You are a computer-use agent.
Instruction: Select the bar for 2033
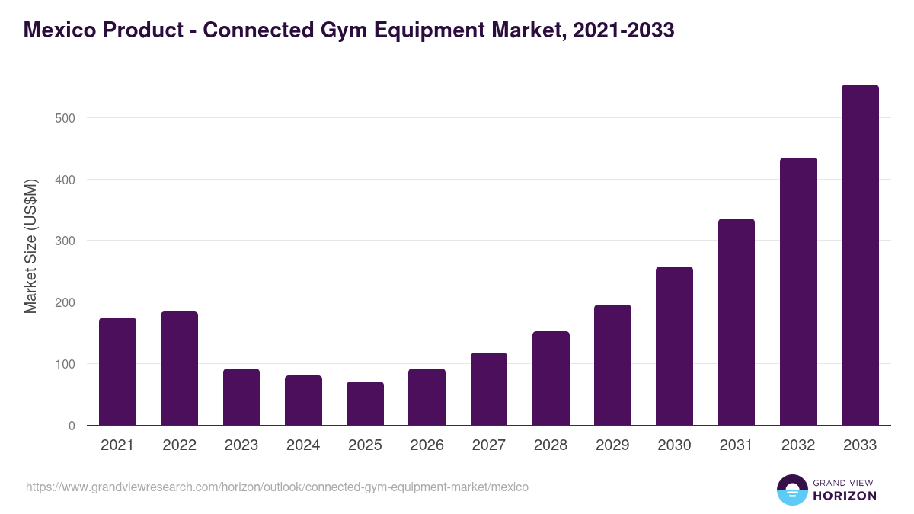(860, 255)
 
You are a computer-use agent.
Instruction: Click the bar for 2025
(365, 404)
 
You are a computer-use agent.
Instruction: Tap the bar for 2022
(179, 369)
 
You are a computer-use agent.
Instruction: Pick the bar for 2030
(674, 346)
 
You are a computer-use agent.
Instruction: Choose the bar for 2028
(551, 378)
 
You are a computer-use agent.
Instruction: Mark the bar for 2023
(241, 397)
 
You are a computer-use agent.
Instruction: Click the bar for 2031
(737, 322)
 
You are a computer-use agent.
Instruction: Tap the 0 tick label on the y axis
(72, 426)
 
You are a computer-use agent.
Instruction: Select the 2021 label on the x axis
(117, 445)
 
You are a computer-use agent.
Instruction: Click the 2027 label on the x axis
(488, 445)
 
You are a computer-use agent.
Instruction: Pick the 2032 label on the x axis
(798, 445)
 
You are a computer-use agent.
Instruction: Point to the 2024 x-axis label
(303, 445)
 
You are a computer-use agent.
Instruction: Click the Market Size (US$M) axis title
(30, 246)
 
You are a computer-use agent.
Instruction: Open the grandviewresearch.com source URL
(277, 487)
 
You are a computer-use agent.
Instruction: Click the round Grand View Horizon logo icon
(791, 490)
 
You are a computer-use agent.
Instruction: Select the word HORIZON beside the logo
(845, 496)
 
